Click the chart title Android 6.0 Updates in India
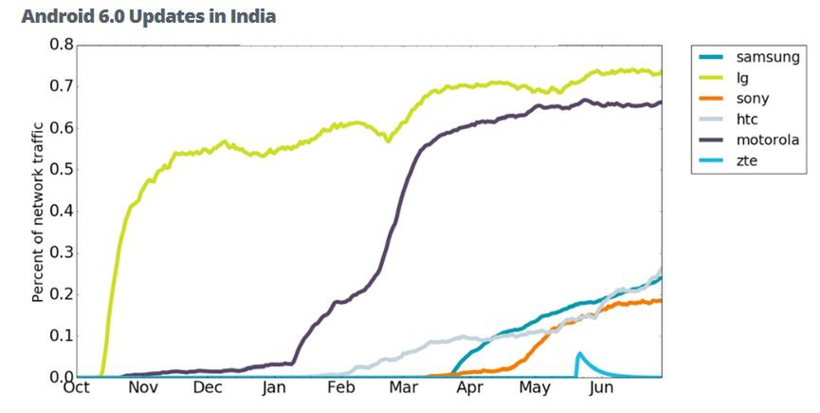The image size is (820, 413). (148, 17)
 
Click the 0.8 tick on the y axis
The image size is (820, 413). (61, 45)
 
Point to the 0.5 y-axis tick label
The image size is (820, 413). (61, 170)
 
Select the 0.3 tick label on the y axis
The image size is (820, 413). (61, 253)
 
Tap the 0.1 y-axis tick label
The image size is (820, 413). (61, 336)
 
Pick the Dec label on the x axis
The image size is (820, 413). (208, 388)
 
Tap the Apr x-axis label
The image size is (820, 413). (468, 388)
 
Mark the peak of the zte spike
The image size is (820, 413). (579, 353)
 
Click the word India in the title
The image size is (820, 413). (253, 17)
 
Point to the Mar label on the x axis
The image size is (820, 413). (403, 388)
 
